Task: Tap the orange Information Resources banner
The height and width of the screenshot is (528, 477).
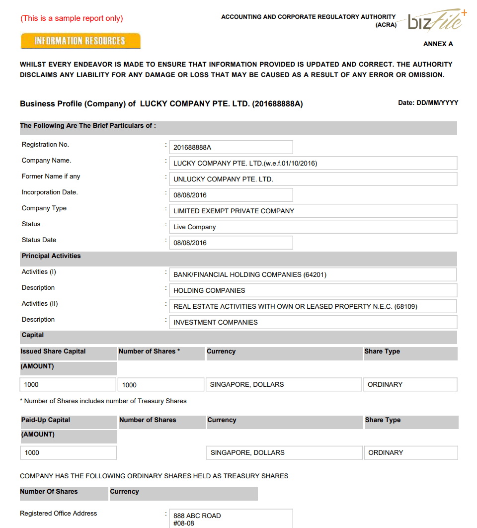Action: point(80,41)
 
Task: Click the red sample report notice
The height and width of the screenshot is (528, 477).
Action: point(72,18)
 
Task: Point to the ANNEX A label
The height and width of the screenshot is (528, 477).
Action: point(438,44)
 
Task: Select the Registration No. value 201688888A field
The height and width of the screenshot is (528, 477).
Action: point(231,147)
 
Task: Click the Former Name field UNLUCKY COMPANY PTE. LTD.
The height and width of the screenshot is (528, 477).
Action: point(313,179)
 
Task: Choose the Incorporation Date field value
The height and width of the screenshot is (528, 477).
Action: point(231,195)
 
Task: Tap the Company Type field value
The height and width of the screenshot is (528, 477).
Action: point(313,211)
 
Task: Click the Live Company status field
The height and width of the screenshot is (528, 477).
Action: point(313,227)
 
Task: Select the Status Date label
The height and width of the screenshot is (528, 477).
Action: point(39,240)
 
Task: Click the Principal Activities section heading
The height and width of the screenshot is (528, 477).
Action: point(51,256)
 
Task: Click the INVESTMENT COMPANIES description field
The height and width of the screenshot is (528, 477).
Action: point(313,322)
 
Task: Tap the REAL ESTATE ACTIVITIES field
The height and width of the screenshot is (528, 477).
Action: point(313,306)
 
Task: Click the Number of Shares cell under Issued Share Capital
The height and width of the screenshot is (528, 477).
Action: point(161,384)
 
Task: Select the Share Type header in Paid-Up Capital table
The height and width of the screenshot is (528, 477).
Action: point(383,420)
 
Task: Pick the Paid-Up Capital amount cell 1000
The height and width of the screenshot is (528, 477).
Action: point(69,452)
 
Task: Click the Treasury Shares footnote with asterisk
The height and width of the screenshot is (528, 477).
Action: point(103,401)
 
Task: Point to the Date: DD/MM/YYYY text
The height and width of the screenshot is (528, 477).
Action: point(428,103)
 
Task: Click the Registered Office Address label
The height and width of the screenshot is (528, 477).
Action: point(59,513)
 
